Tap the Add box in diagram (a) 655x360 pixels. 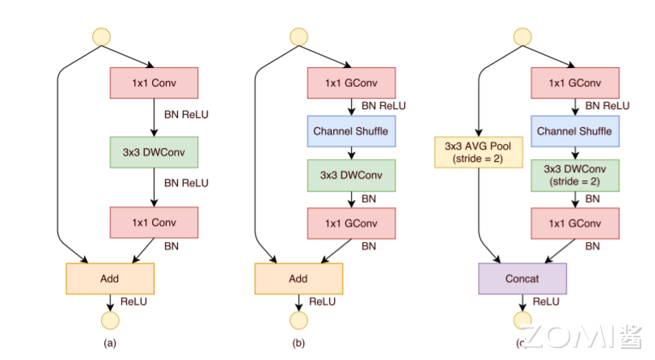pyautogui.click(x=110, y=278)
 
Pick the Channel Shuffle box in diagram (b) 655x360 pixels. pyautogui.click(x=351, y=129)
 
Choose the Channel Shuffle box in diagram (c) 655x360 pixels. pyautogui.click(x=574, y=129)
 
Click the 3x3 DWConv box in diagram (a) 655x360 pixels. pyautogui.click(x=154, y=151)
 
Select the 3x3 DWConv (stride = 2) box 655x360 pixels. pyautogui.click(x=574, y=176)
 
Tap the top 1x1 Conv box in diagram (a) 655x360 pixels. pyautogui.click(x=154, y=83)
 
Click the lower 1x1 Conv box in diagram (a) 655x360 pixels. pyautogui.click(x=154, y=220)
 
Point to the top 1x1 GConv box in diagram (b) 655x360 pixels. pyautogui.click(x=351, y=83)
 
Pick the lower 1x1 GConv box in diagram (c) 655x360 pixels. pyautogui.click(x=574, y=222)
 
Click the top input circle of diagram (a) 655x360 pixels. pyautogui.click(x=102, y=36)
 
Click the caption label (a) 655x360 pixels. pyautogui.click(x=110, y=343)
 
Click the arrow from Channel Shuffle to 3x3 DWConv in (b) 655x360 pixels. pyautogui.click(x=351, y=153)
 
